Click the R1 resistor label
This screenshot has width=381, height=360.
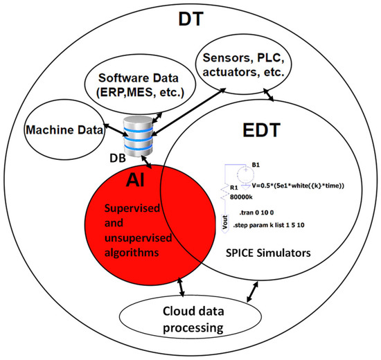coord(233,186)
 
